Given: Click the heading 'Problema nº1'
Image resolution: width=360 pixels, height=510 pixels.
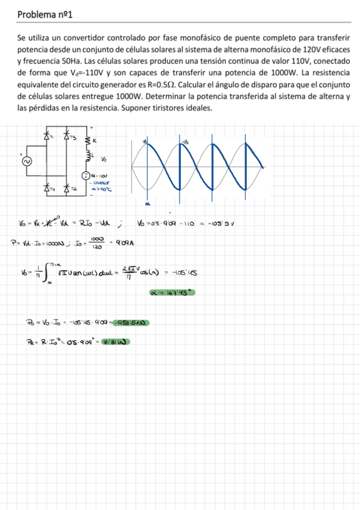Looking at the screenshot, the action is coord(45,13).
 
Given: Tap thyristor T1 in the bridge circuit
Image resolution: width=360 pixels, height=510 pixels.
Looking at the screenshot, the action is coord(46,137).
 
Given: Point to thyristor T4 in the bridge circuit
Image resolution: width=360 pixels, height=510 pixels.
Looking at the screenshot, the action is coord(46,188).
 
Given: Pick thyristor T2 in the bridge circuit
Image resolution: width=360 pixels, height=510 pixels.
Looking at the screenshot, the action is coord(66,188).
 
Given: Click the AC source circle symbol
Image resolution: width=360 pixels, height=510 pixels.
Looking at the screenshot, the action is coord(25,162).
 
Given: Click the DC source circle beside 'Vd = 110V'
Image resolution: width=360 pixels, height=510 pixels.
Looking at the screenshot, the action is coord(86,176).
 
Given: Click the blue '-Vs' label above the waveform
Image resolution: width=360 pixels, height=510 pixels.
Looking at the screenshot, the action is coord(185,142).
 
